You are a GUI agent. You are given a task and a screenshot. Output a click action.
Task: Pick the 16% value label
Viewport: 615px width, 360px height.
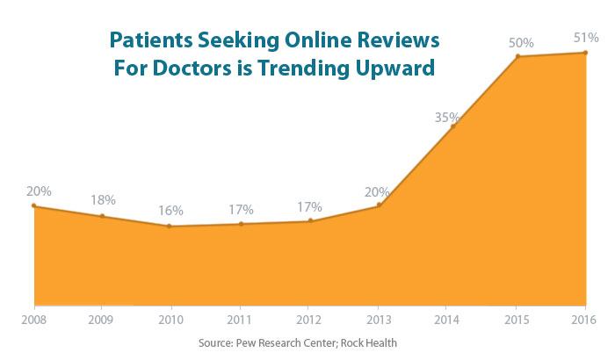[170, 211]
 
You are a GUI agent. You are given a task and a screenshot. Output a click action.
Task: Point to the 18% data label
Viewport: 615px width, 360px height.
[103, 199]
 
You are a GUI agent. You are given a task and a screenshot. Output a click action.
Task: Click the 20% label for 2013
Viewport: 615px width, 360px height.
[379, 192]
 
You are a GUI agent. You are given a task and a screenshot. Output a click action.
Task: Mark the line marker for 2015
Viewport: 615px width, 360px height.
[517, 57]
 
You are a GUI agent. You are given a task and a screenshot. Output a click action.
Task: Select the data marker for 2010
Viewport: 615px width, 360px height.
[170, 227]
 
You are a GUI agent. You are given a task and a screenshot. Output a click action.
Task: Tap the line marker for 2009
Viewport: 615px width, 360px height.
[102, 216]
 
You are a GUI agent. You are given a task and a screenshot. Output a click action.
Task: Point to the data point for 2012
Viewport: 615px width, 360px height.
[310, 221]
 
